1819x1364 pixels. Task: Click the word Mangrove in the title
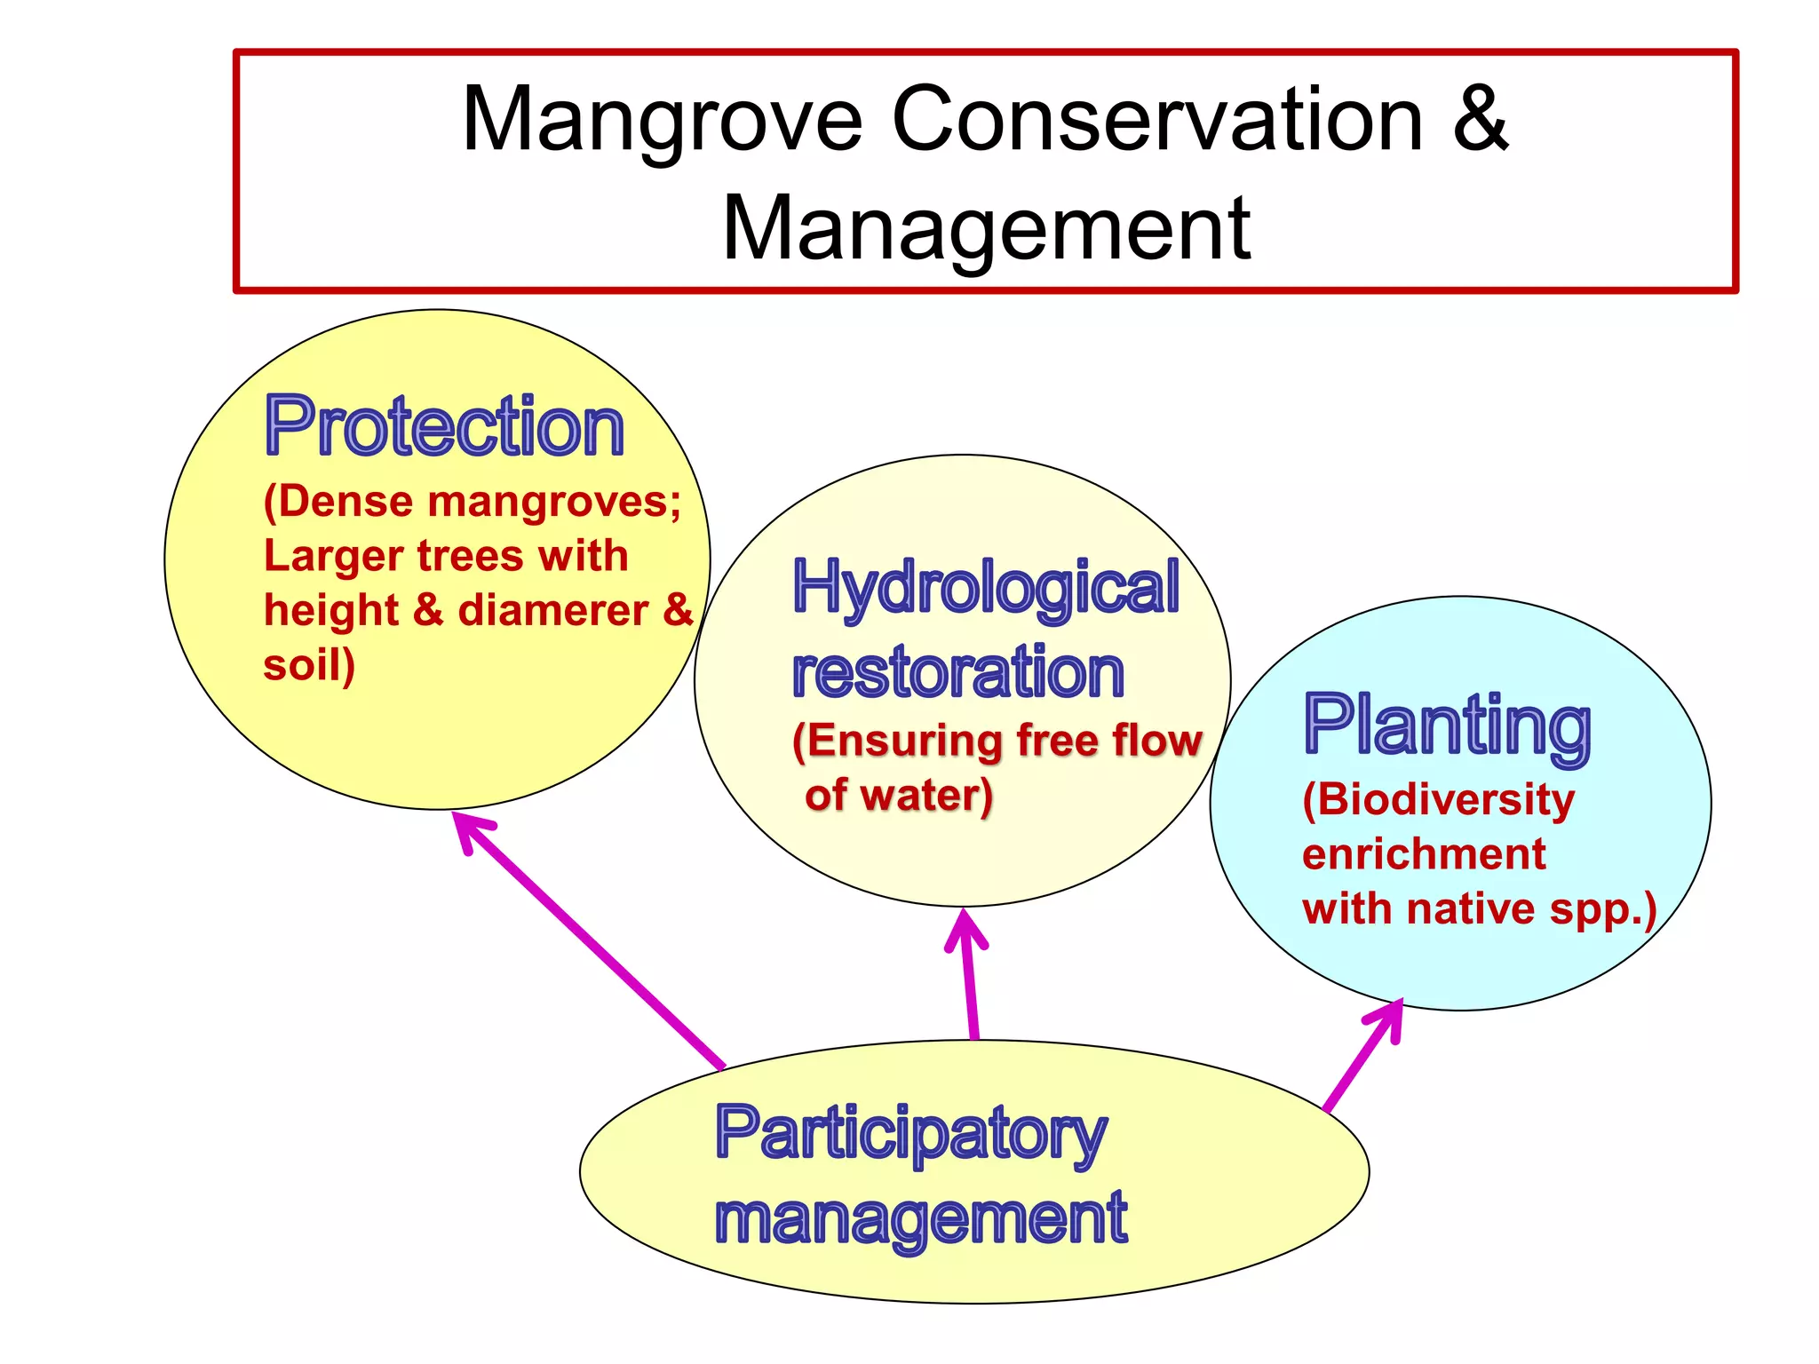(x=662, y=122)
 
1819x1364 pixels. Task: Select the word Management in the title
(x=986, y=229)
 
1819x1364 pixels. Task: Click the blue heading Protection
(x=444, y=427)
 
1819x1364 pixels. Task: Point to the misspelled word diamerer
(x=552, y=611)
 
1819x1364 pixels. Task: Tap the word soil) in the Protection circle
(x=308, y=666)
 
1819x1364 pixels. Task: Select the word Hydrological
(x=985, y=589)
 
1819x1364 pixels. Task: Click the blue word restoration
(x=957, y=672)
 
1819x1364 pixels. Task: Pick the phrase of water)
(x=898, y=795)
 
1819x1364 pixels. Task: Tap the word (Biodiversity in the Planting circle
(x=1438, y=800)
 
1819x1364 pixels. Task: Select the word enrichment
(x=1424, y=854)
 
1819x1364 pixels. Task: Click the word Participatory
(x=910, y=1134)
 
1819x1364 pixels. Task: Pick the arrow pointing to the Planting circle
(x=1363, y=1057)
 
